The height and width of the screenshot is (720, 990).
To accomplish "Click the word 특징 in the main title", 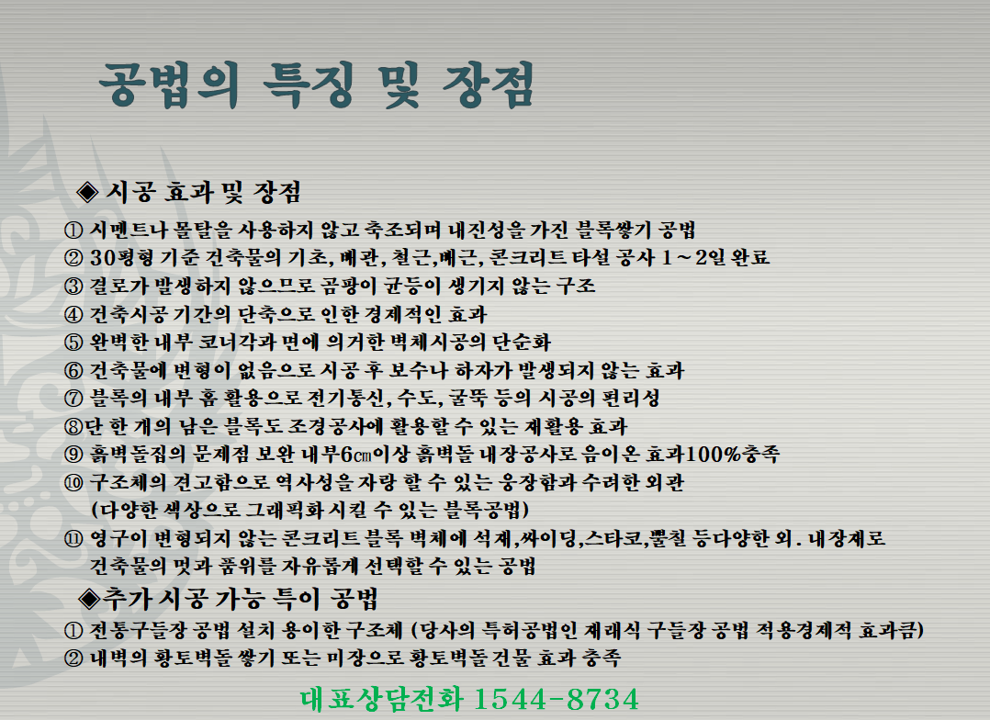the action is pyautogui.click(x=308, y=84).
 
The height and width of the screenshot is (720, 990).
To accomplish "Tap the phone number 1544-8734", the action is pyautogui.click(x=556, y=699).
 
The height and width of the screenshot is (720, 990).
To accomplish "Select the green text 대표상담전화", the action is pyautogui.click(x=381, y=699).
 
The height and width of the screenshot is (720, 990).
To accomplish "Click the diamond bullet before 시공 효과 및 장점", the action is pyautogui.click(x=87, y=192).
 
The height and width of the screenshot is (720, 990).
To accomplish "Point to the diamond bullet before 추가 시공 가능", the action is pyautogui.click(x=89, y=598).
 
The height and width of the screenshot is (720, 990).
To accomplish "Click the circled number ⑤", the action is pyautogui.click(x=73, y=343).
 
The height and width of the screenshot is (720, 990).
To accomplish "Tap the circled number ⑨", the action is pyautogui.click(x=73, y=454).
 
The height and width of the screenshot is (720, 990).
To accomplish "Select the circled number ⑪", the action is pyautogui.click(x=73, y=539).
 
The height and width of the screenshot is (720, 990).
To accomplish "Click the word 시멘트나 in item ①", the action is pyautogui.click(x=125, y=230).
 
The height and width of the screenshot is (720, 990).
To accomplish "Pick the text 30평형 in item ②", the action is pyautogui.click(x=121, y=258).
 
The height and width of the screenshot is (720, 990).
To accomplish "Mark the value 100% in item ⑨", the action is pyautogui.click(x=714, y=454).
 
